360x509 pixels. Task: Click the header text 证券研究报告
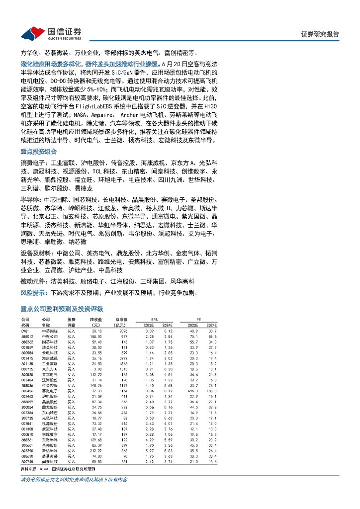click(320, 34)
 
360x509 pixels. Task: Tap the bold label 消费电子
click(33, 163)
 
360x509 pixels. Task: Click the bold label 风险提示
click(33, 292)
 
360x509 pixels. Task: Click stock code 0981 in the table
click(25, 331)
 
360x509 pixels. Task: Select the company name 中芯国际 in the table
click(48, 331)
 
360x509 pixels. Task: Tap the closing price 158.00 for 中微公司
click(95, 337)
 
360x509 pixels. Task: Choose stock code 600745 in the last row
click(27, 462)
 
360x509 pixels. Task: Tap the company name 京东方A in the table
click(48, 369)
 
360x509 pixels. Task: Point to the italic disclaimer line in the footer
click(74, 480)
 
